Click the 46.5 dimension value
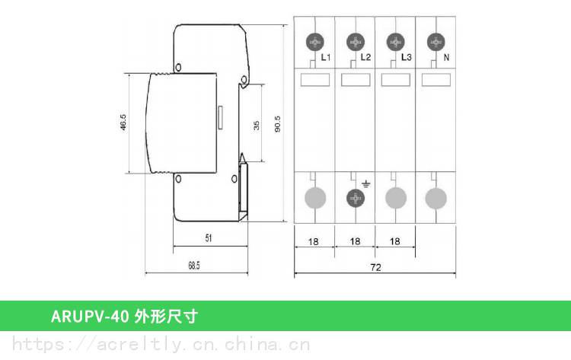(x=123, y=123)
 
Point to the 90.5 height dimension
(x=277, y=124)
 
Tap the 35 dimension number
(x=257, y=126)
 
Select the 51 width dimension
(x=209, y=238)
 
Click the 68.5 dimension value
(x=194, y=266)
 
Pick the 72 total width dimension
(x=375, y=268)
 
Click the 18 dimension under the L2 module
(x=355, y=241)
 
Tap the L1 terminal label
(x=326, y=57)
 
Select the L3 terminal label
(x=406, y=57)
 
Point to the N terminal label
(x=446, y=57)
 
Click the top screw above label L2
(x=355, y=42)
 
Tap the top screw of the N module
(x=436, y=42)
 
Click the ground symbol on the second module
(x=366, y=184)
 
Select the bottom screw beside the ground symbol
(x=355, y=199)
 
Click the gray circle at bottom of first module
(x=315, y=198)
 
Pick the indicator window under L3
(x=395, y=80)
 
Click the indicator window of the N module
(x=436, y=80)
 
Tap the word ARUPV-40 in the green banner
(x=90, y=316)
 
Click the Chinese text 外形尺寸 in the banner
(x=166, y=316)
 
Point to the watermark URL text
(x=161, y=344)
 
